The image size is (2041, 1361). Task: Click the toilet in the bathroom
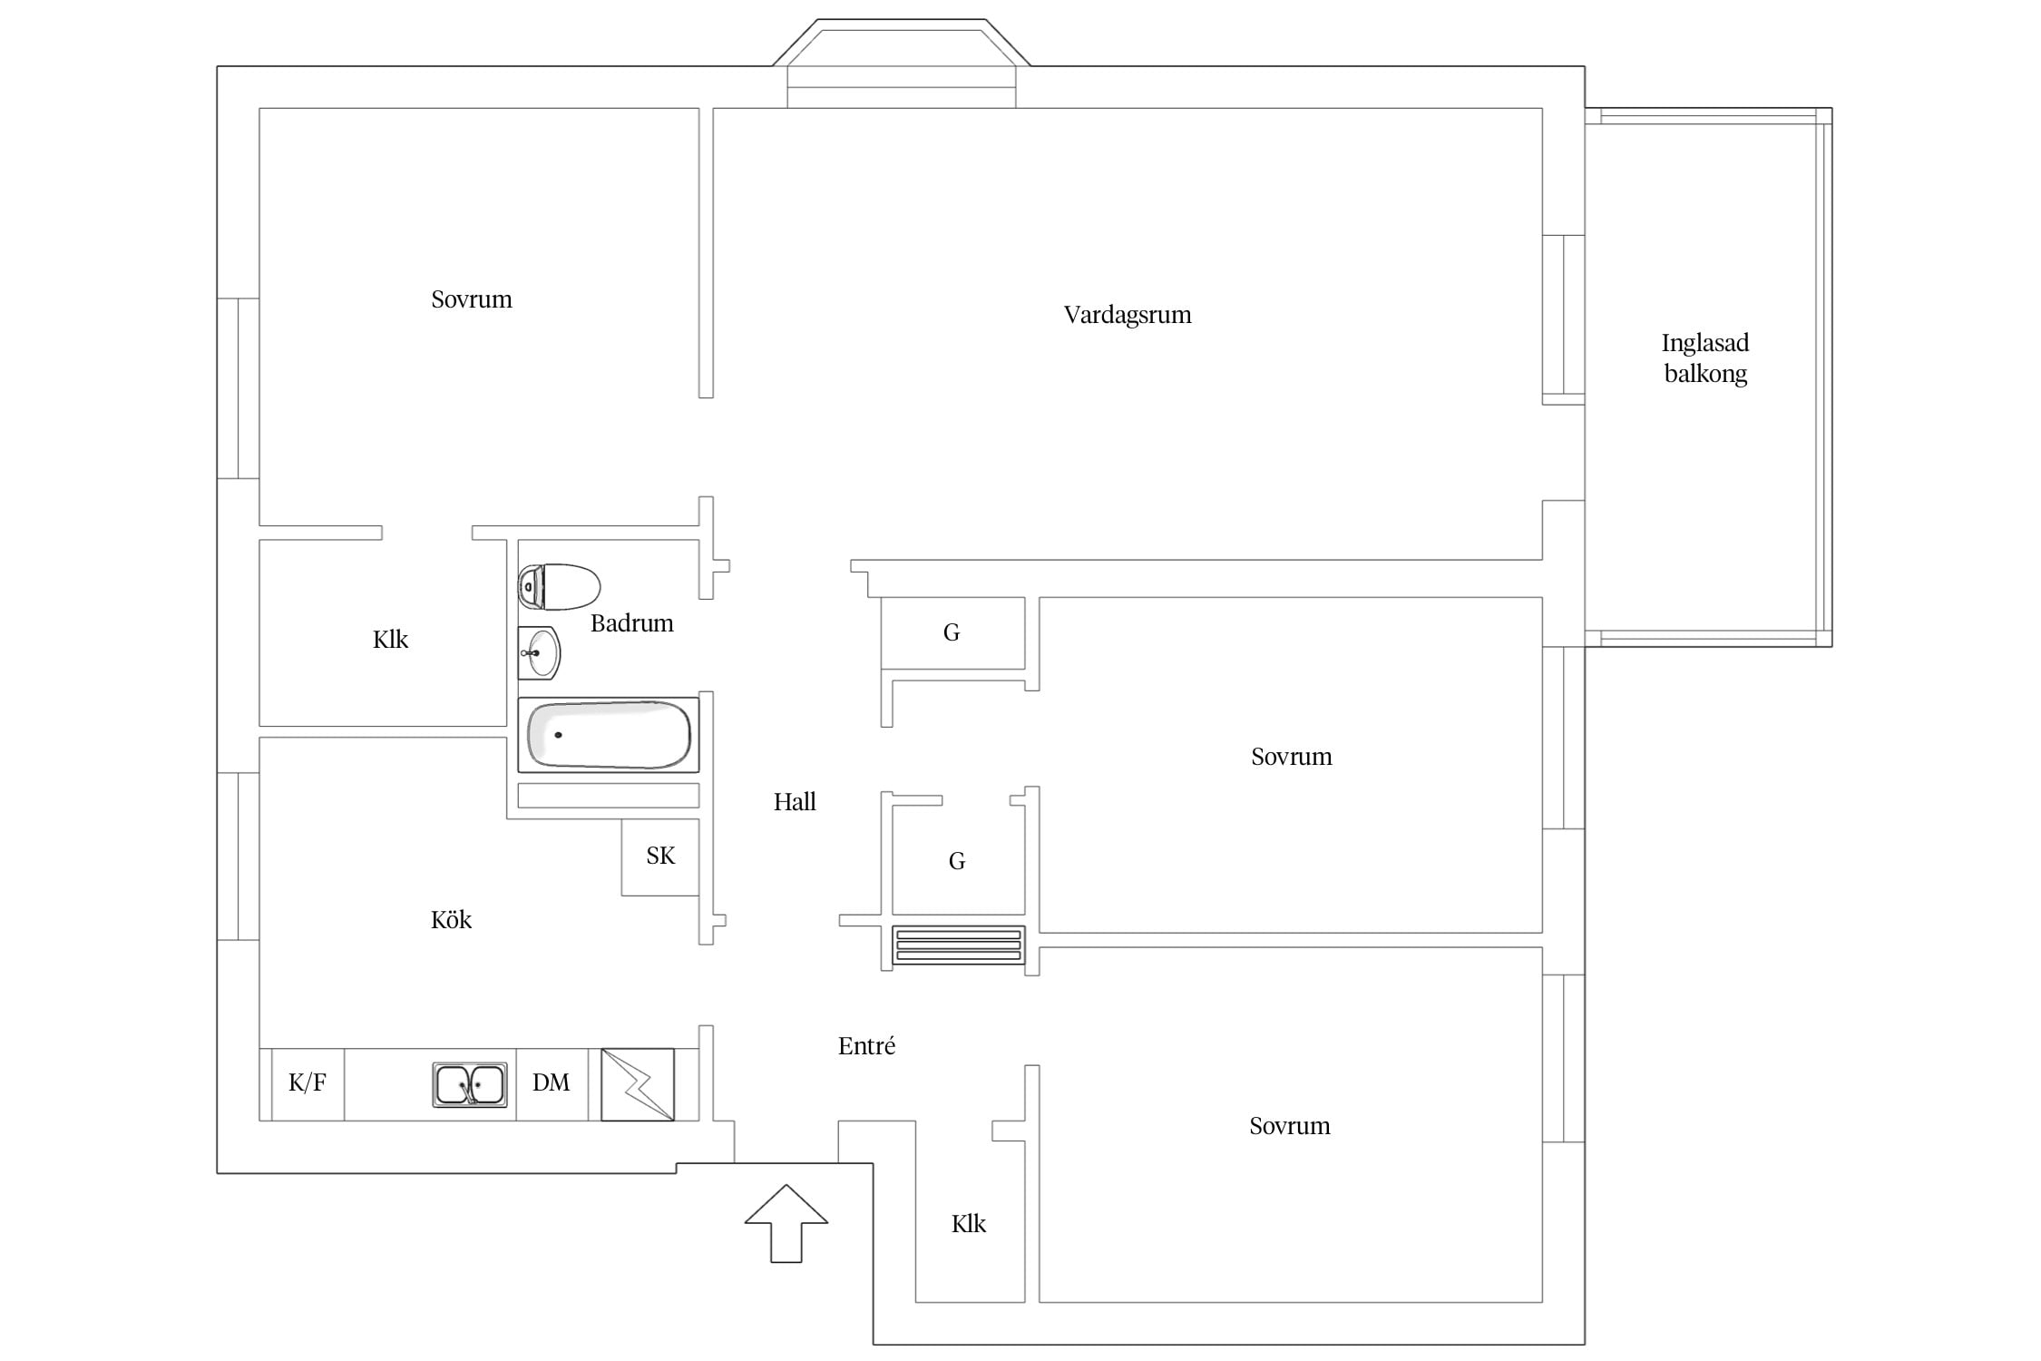(559, 586)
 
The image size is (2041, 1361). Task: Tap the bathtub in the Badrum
(609, 735)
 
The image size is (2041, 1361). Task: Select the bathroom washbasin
(540, 652)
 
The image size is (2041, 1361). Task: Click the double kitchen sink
(469, 1085)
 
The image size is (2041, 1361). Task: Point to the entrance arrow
(786, 1223)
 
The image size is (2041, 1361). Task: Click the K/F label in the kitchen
(308, 1082)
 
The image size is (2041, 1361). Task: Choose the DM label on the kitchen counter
(552, 1082)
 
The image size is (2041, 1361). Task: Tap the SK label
(660, 856)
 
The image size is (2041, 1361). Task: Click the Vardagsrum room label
(1128, 316)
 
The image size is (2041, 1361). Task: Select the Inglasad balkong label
(1705, 358)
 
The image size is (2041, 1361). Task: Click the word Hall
(795, 801)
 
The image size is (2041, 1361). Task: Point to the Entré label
(866, 1046)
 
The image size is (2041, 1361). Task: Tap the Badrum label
(632, 623)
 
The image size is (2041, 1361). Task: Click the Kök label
(451, 919)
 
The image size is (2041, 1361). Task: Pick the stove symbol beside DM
(638, 1085)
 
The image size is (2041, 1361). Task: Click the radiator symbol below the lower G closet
(959, 945)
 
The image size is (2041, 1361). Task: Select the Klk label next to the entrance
(969, 1224)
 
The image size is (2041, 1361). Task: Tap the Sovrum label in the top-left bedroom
(472, 299)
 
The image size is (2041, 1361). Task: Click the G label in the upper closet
(952, 632)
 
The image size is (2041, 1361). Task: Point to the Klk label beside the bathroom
(391, 640)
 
